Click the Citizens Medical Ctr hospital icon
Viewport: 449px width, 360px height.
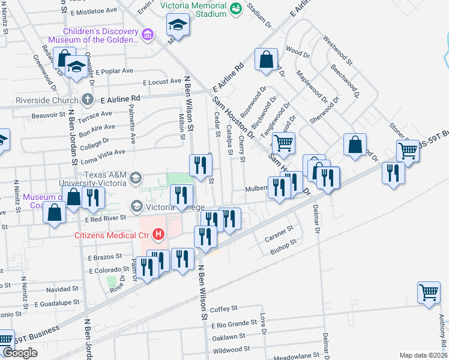tap(158, 234)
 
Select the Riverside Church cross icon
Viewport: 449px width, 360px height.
tap(87, 99)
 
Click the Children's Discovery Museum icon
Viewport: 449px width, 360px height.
tap(147, 35)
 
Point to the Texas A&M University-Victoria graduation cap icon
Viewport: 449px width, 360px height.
tap(136, 178)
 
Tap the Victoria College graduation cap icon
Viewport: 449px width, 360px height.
tap(136, 206)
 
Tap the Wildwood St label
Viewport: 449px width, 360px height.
tap(231, 350)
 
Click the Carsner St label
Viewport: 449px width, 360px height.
tap(279, 230)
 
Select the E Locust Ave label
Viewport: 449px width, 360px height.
tap(161, 82)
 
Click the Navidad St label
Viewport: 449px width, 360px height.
tap(58, 289)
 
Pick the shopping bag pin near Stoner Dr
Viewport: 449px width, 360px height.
tap(355, 145)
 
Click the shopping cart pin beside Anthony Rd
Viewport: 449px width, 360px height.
tap(429, 293)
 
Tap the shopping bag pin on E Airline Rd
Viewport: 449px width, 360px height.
tap(265, 60)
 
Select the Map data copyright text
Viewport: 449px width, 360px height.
tap(423, 355)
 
